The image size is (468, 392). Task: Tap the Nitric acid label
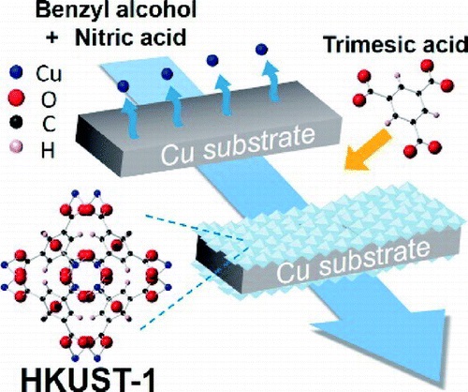click(x=131, y=38)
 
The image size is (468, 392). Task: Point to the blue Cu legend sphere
click(x=16, y=72)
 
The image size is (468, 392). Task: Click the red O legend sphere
click(x=16, y=98)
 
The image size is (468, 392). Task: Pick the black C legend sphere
click(x=16, y=122)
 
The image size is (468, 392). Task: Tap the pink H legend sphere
click(x=16, y=146)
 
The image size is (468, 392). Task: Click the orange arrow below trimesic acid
click(x=368, y=151)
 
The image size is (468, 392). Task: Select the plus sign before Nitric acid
click(x=52, y=38)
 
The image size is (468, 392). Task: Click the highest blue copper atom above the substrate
click(x=261, y=49)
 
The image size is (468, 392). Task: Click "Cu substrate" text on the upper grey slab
click(x=238, y=145)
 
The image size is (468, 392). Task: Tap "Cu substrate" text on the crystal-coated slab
click(x=353, y=262)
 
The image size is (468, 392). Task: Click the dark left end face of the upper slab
click(x=93, y=145)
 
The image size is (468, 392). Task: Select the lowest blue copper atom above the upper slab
click(x=124, y=86)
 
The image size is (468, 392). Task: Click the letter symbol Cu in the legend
click(x=49, y=74)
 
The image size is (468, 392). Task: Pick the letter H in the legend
click(x=48, y=149)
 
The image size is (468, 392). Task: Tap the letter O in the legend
click(x=49, y=99)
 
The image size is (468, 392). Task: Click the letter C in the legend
click(x=49, y=124)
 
